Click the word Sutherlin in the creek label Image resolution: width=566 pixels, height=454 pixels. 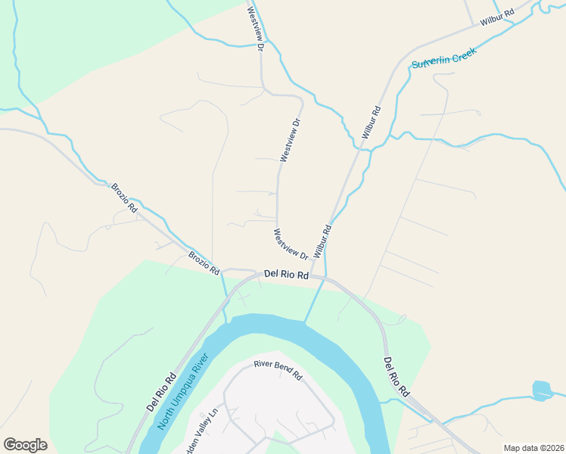[x=433, y=60]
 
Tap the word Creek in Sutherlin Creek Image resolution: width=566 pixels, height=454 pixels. [x=463, y=51]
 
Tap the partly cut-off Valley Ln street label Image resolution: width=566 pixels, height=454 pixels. [x=199, y=430]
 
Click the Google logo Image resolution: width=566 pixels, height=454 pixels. [x=25, y=445]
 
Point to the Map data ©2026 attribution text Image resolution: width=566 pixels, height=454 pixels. [x=533, y=447]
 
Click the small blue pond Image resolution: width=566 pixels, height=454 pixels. [x=542, y=390]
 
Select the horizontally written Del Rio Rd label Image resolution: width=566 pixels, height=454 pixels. [x=286, y=275]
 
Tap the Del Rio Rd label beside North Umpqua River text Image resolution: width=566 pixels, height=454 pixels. [x=161, y=392]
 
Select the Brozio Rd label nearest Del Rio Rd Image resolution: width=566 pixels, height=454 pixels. [x=204, y=262]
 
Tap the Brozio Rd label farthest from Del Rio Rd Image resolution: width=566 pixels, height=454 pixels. [x=124, y=196]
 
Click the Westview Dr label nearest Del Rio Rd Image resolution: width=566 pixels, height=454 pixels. [x=291, y=244]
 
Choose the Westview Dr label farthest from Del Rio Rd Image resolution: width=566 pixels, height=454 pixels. [x=254, y=29]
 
